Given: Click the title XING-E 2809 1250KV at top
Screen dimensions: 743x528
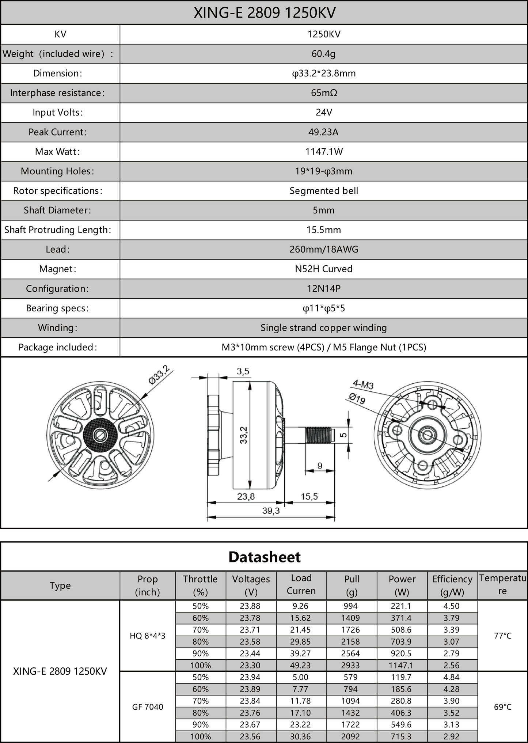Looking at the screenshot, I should coord(264,13).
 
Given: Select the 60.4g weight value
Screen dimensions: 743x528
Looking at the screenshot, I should coord(323,54).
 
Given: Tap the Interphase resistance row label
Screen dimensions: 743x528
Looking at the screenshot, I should coord(57,93).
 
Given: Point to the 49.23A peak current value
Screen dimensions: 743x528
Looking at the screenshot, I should coord(323,132).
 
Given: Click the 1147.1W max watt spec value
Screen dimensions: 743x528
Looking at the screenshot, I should coord(324,152).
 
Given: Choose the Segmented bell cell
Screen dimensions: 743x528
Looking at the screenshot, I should coord(324,191).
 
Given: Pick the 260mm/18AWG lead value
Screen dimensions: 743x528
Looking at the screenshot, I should coord(324,249).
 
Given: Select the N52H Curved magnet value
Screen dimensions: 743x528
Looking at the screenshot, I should coord(324,269).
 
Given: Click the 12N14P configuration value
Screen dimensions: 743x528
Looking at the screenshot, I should coord(324,289).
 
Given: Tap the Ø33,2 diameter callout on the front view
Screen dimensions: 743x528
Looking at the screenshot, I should coord(159,375).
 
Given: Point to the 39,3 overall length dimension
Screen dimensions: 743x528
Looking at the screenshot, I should coord(271,511).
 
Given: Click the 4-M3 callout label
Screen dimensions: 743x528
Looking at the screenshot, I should coord(363,384).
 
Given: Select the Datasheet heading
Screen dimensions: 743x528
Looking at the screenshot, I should coord(264,557).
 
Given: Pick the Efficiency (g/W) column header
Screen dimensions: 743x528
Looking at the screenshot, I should coord(452,585).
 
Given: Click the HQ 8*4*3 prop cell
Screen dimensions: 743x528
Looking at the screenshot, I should coord(148,636).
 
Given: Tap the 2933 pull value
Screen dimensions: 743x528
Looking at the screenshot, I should coord(351,666).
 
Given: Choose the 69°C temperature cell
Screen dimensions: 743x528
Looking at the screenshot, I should coord(502,707).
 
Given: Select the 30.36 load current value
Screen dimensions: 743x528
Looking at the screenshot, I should coord(300,736).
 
